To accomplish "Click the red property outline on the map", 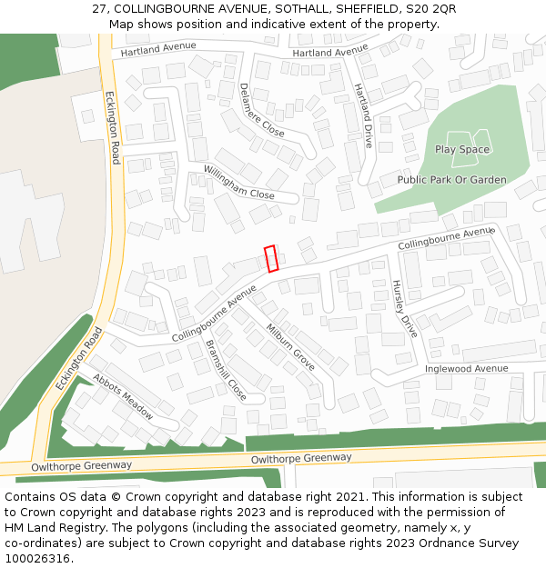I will click(270, 259).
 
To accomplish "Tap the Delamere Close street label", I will click(261, 110).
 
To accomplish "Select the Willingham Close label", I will click(238, 182).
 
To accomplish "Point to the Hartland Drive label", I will click(363, 115).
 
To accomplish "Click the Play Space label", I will click(461, 149).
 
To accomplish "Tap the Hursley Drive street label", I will click(404, 309).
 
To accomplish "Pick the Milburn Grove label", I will click(290, 346).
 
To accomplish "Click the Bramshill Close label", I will click(227, 370).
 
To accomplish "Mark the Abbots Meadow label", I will click(123, 396).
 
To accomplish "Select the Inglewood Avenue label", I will click(466, 369).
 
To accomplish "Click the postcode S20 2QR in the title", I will click(432, 9).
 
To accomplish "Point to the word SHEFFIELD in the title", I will click(343, 9).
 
